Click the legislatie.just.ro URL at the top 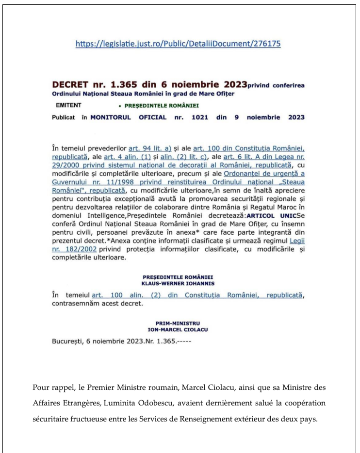179,44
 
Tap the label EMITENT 68,104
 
